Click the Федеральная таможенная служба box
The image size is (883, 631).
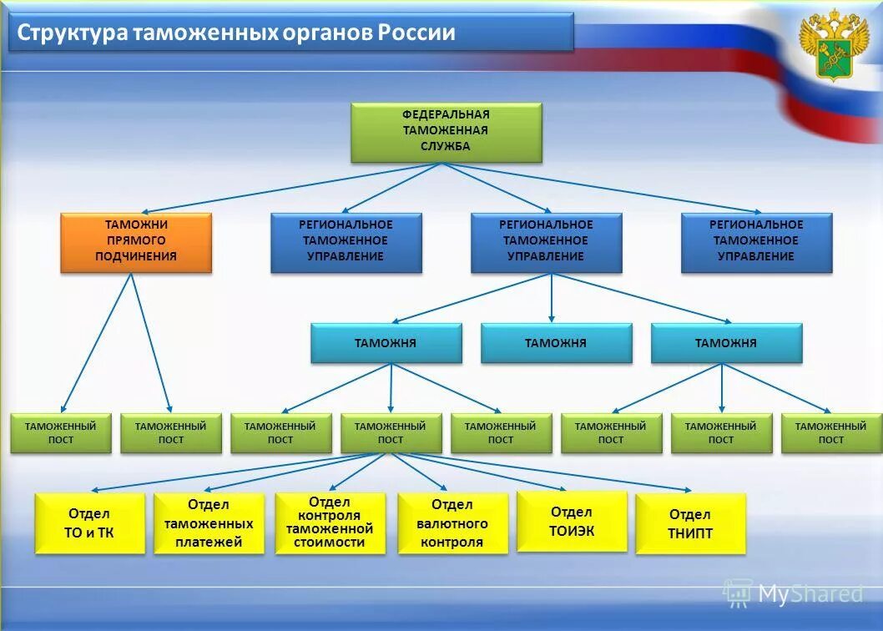coord(446,132)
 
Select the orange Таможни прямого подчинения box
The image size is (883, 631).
coord(135,242)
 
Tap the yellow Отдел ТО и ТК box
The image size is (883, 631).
coord(89,523)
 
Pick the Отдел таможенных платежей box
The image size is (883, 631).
coord(209,523)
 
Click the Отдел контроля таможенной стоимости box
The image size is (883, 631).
coord(330,522)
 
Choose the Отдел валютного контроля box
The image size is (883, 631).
coord(452,523)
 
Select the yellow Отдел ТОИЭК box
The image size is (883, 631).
coord(572,521)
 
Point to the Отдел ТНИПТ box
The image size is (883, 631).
coord(690,523)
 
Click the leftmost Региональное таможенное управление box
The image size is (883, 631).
coord(346,242)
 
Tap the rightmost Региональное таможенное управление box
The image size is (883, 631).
coord(756,242)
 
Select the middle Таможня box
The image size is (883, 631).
coord(556,343)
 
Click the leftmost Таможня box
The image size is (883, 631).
coord(386,343)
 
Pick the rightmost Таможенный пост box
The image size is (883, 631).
coord(830,433)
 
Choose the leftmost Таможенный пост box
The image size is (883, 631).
coord(60,433)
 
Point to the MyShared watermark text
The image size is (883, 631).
coord(810,593)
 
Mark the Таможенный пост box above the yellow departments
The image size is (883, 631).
coord(390,433)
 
